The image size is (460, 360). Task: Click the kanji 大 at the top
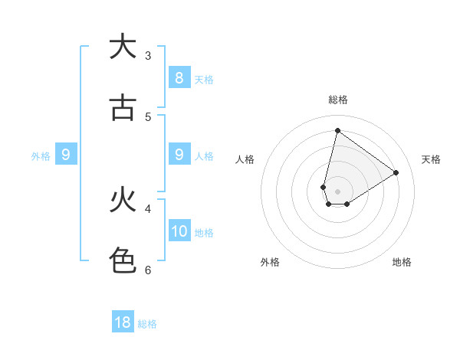point(123,47)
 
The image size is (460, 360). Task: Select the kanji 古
point(123,108)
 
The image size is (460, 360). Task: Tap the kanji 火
point(123,201)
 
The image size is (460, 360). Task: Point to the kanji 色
point(123,261)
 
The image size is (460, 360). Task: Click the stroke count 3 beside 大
point(148,56)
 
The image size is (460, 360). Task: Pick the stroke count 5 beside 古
point(148,116)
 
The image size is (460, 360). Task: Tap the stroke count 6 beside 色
point(148,270)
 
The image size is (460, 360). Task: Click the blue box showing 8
point(179,77)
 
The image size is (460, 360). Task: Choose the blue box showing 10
point(179,231)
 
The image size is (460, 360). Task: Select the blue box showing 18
point(123,322)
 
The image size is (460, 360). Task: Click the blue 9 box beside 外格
point(66,155)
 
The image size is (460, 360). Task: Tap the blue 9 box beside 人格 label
point(179,155)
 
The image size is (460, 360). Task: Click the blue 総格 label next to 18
point(147,324)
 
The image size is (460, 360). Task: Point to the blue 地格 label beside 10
point(204,233)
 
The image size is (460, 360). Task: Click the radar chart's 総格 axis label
point(337,100)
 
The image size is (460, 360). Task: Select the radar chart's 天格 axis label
point(431,159)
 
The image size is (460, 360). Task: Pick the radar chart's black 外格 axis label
point(270,262)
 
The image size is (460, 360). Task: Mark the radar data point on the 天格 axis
point(396,173)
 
